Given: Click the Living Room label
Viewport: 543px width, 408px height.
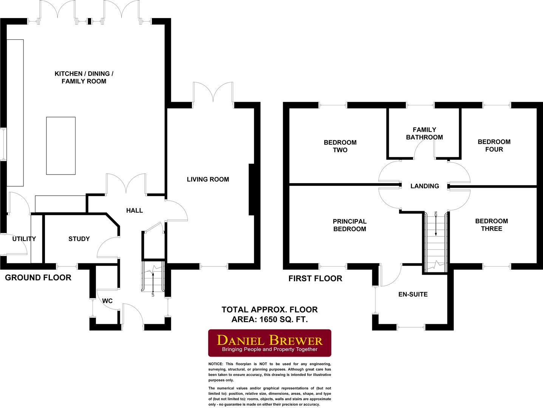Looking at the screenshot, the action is [x=208, y=179].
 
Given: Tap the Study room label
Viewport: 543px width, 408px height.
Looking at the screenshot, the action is [x=79, y=239].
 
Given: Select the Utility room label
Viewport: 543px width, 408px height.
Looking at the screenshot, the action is [x=24, y=239].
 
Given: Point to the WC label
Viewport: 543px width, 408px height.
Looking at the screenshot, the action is [x=107, y=301].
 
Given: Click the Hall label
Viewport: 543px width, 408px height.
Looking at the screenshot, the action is [x=134, y=210].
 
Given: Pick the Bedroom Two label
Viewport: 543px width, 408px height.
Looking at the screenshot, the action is [x=340, y=146].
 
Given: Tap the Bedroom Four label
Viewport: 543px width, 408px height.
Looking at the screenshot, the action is [x=494, y=146].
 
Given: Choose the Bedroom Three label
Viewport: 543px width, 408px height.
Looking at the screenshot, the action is [x=492, y=225].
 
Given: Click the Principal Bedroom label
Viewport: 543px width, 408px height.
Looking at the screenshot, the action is [x=350, y=225].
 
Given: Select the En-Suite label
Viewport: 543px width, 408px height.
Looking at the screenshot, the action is [x=413, y=294].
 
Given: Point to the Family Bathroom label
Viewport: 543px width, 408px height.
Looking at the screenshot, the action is [x=424, y=133].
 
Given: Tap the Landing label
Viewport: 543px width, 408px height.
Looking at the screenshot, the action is [x=425, y=186].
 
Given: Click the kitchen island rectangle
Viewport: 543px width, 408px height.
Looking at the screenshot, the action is [x=61, y=146].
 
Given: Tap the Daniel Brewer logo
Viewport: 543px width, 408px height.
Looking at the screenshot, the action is [x=270, y=343].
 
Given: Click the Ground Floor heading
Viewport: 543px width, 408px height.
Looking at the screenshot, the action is [x=38, y=278].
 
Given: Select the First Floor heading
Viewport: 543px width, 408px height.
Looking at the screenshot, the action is [x=315, y=279].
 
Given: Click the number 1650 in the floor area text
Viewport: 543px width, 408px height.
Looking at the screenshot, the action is [x=268, y=320].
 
